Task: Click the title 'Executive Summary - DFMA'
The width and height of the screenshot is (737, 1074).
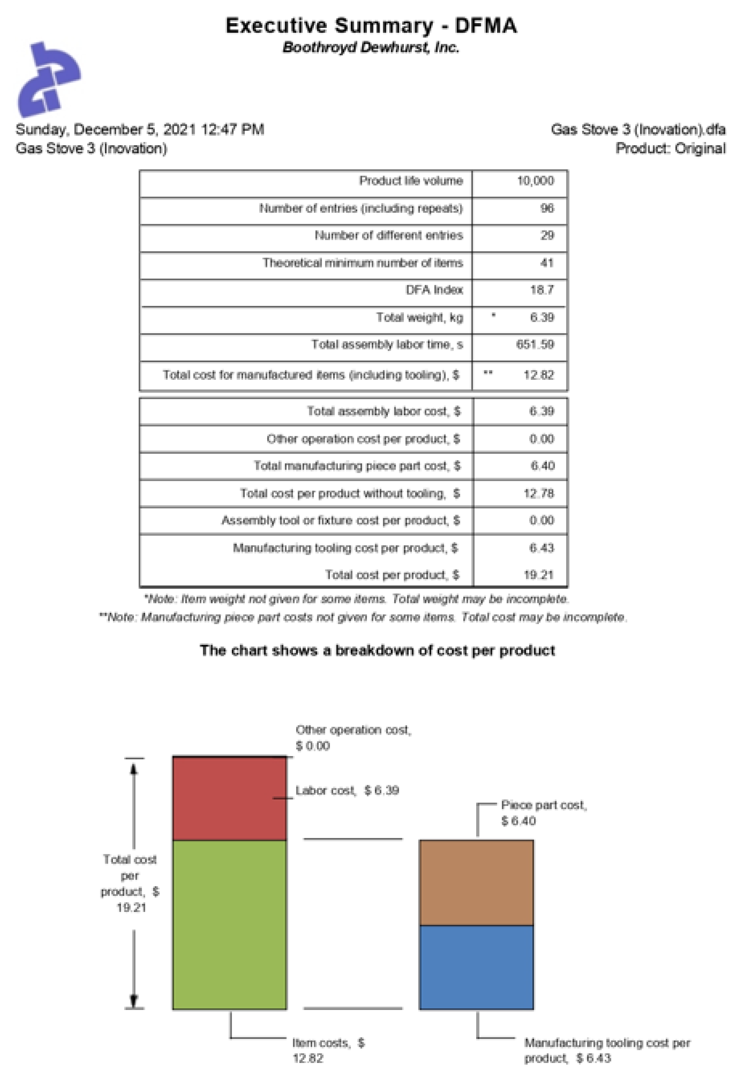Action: tap(371, 25)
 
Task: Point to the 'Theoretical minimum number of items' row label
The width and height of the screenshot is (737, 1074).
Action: tap(363, 263)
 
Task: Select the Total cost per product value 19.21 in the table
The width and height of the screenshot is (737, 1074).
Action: tap(538, 575)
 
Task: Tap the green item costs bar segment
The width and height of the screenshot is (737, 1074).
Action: tap(229, 924)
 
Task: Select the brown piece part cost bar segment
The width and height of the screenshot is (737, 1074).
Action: tap(476, 883)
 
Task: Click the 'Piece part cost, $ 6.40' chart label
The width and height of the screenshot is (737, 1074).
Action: tap(543, 813)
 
